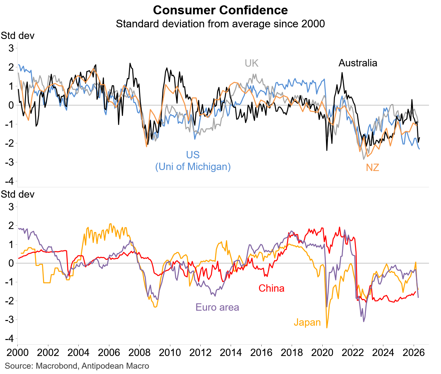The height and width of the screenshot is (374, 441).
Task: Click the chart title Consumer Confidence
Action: click(220, 10)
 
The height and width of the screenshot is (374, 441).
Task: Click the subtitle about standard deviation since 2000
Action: click(220, 24)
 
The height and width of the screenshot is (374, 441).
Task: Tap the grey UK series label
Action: click(252, 63)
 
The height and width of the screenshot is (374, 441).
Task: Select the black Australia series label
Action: click(358, 63)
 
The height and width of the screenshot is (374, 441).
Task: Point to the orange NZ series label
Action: click(373, 168)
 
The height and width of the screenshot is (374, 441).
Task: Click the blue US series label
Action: click(193, 155)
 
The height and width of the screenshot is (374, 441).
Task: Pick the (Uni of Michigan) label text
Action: click(193, 167)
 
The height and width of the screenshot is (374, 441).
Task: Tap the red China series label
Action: click(271, 288)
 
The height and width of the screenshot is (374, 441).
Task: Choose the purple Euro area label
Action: click(217, 307)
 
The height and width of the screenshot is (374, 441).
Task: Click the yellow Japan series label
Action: click(307, 322)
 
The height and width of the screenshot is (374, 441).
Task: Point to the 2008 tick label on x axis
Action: click(139, 353)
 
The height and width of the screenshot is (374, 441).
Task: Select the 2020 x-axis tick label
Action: click(322, 353)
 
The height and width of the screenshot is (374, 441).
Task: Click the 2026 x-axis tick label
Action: click(414, 353)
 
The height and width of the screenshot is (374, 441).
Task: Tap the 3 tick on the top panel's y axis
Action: click(11, 48)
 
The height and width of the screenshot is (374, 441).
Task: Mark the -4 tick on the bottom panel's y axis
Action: click(9, 339)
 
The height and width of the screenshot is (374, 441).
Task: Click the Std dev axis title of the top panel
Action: click(17, 36)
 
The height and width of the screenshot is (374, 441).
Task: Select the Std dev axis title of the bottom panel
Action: click(17, 194)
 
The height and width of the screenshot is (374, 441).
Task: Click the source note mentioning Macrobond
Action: click(77, 366)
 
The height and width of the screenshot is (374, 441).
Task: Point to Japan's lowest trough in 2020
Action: click(327, 328)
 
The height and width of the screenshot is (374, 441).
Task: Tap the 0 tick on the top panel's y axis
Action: click(11, 105)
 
